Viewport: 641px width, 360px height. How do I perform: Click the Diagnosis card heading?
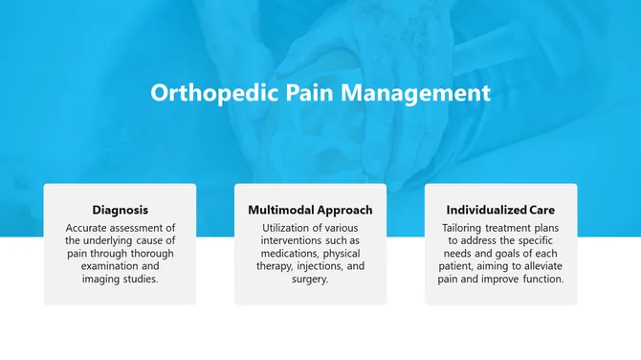click(x=120, y=210)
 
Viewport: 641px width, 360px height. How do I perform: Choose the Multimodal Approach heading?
click(x=310, y=210)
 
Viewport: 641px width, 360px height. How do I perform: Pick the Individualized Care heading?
click(x=500, y=210)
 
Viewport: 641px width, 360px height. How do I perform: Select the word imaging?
click(x=102, y=280)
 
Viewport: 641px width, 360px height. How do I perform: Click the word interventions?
click(x=287, y=240)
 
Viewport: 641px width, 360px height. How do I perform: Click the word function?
click(x=542, y=280)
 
